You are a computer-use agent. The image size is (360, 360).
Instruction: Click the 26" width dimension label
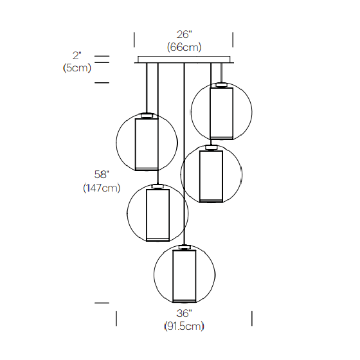click(x=184, y=35)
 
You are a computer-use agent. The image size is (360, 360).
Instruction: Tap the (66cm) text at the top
click(x=184, y=47)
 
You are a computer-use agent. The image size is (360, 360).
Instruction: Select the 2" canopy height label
click(x=77, y=55)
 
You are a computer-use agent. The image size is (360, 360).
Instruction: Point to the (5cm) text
click(x=77, y=67)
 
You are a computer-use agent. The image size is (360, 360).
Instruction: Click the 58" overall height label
click(x=102, y=174)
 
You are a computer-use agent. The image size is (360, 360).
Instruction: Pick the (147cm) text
click(x=102, y=188)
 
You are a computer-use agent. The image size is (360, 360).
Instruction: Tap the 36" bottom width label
click(x=184, y=313)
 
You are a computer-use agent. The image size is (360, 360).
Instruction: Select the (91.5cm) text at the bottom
click(x=184, y=326)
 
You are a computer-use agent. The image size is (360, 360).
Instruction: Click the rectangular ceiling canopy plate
click(x=184, y=59)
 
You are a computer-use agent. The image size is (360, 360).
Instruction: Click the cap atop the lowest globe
click(x=184, y=248)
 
